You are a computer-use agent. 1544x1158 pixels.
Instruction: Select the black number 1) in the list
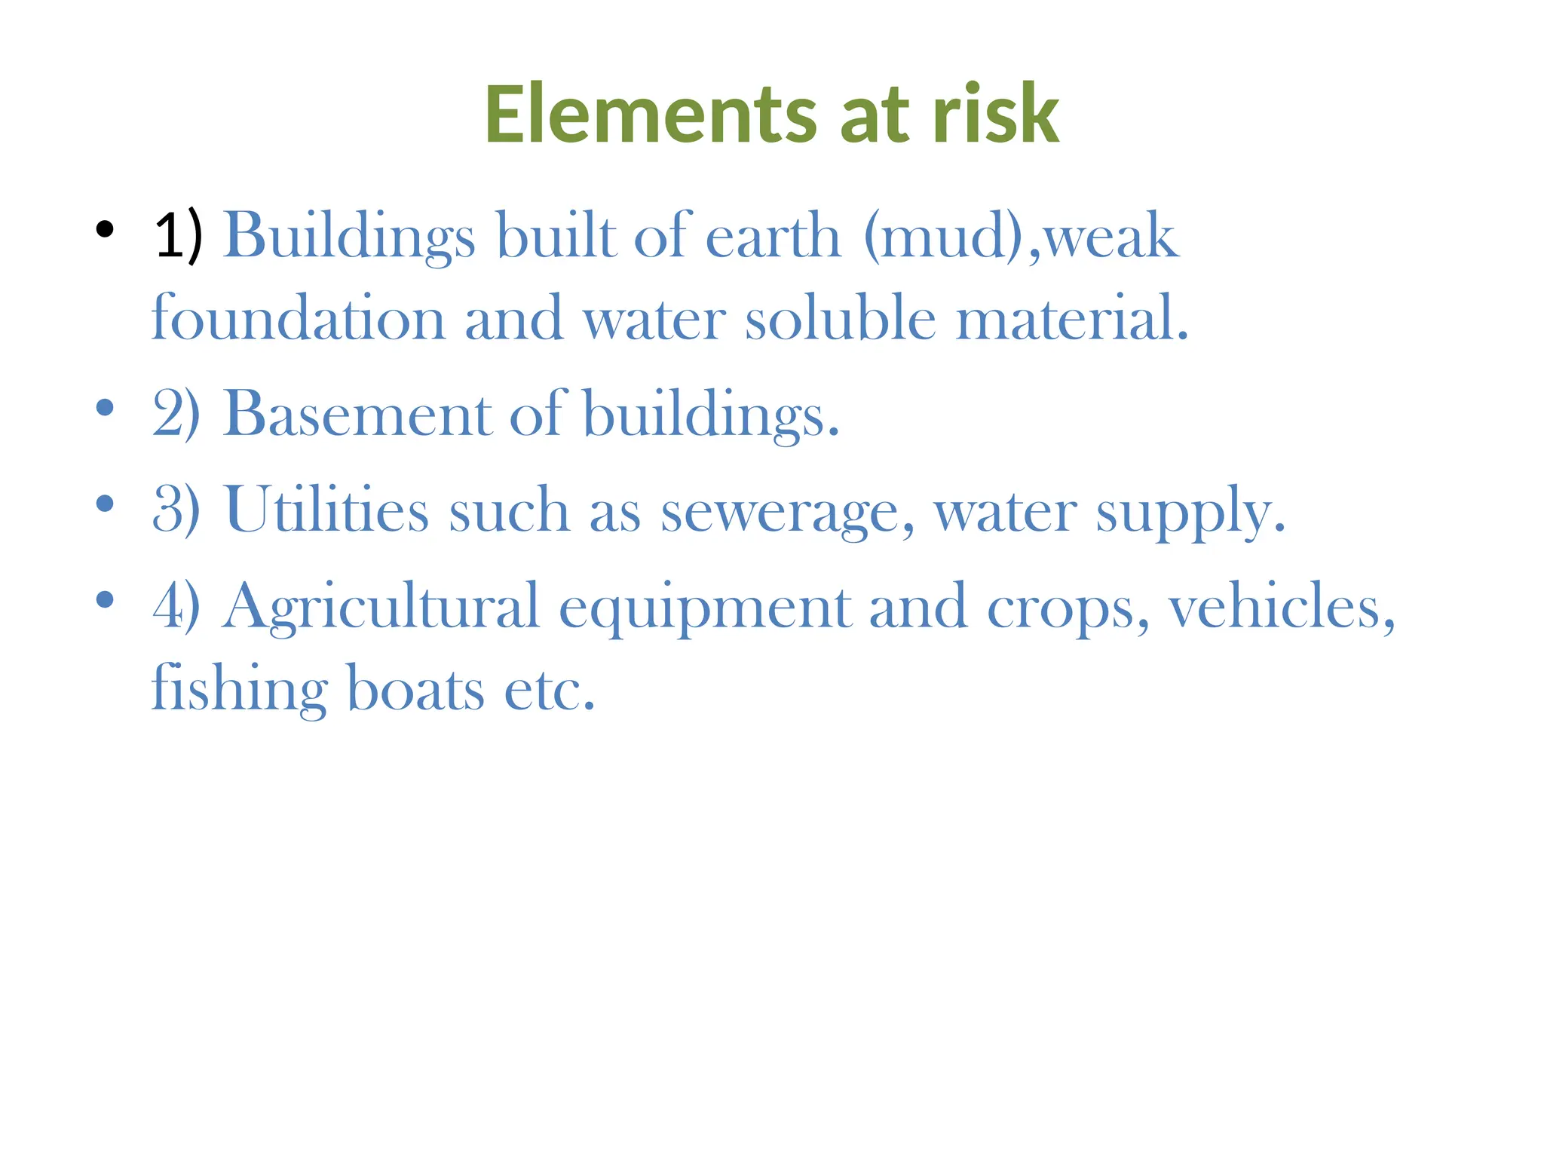click(x=178, y=236)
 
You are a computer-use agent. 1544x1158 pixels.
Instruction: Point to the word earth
click(x=773, y=236)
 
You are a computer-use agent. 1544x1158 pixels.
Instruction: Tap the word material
click(x=1071, y=318)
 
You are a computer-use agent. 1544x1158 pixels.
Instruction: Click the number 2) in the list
click(x=176, y=414)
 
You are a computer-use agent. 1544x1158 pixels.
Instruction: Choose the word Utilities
click(x=326, y=510)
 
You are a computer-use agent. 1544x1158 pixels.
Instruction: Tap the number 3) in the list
click(x=176, y=510)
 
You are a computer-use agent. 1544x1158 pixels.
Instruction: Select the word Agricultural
click(x=381, y=607)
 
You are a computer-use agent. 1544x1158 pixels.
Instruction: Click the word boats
click(x=415, y=688)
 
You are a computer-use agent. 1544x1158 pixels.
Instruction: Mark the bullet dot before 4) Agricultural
click(x=105, y=600)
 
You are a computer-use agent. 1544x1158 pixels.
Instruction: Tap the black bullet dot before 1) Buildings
click(x=105, y=229)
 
